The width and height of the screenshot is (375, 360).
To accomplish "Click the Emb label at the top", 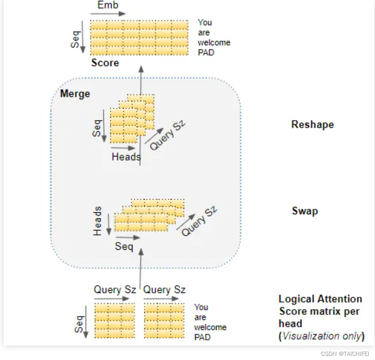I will pyautogui.click(x=108, y=5).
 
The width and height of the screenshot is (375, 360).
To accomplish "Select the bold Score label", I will pyautogui.click(x=105, y=63).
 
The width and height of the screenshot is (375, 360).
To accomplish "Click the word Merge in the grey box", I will pyautogui.click(x=75, y=94).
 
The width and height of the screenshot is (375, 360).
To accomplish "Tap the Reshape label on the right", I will pyautogui.click(x=312, y=125).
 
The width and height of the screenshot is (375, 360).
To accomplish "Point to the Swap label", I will pyautogui.click(x=305, y=211).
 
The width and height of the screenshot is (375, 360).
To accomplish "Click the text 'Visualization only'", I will pyautogui.click(x=322, y=336).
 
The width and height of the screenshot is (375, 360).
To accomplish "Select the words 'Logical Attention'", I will pyautogui.click(x=320, y=299).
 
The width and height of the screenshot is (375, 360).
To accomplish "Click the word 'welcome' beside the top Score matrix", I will pyautogui.click(x=214, y=43).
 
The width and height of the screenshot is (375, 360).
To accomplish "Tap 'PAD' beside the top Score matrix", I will pyautogui.click(x=206, y=53).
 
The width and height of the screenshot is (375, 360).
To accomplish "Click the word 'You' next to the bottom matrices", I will pyautogui.click(x=201, y=307).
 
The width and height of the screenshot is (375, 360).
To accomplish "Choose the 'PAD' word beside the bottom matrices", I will pyautogui.click(x=202, y=337).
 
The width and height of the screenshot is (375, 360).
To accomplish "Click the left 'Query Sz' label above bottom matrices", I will pyautogui.click(x=114, y=289).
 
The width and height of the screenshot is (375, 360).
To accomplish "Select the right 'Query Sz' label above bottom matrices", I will pyautogui.click(x=164, y=289).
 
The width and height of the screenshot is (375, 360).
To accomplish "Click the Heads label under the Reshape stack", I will pyautogui.click(x=126, y=157).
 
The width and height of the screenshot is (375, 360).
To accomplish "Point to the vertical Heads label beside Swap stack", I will pyautogui.click(x=98, y=221).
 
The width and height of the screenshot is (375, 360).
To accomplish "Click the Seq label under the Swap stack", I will pyautogui.click(x=124, y=246).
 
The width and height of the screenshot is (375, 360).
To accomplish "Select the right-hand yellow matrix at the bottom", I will pyautogui.click(x=164, y=321).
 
